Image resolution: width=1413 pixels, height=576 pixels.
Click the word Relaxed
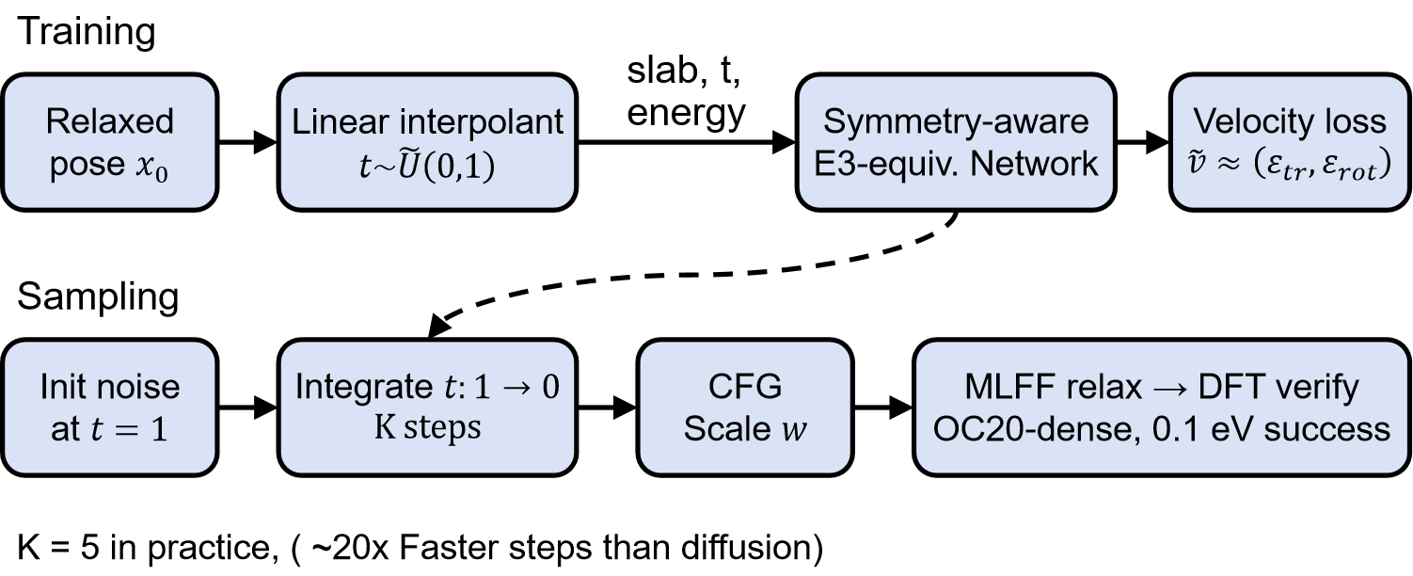tap(110, 121)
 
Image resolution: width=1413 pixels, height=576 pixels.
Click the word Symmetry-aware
tap(956, 121)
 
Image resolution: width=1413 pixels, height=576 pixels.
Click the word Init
tap(70, 387)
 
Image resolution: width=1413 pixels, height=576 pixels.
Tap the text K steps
tap(427, 428)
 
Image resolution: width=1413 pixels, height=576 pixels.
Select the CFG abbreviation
tap(745, 387)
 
